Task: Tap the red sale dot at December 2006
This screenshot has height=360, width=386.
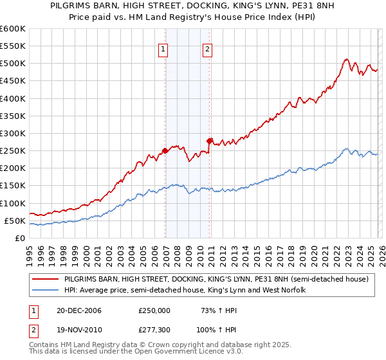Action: coord(165,151)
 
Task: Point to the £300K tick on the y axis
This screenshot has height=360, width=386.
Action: coord(13,134)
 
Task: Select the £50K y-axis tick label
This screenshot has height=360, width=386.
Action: coord(15,221)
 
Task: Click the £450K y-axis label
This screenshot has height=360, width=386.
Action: coord(13,81)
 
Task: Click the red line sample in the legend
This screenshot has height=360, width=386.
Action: coord(46,280)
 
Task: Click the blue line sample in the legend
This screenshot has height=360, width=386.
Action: coord(46,290)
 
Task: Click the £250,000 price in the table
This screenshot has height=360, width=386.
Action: coord(154,310)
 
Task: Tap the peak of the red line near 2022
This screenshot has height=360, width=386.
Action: coord(346,59)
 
